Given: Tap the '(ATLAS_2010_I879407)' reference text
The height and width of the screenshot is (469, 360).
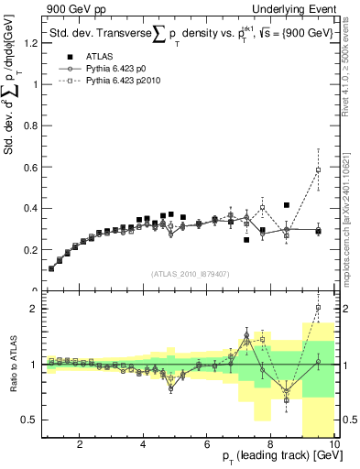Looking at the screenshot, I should [x=190, y=272].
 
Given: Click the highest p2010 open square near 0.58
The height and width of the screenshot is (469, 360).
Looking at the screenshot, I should [x=318, y=169].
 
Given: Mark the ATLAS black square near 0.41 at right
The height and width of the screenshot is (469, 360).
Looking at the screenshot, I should [x=287, y=205].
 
